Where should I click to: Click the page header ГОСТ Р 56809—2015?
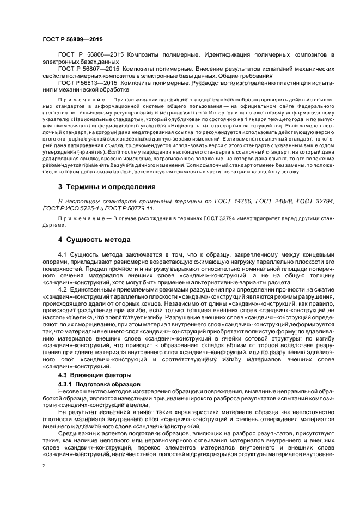[72, 40]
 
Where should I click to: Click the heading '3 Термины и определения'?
[99, 186]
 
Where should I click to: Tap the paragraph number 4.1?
[62, 254]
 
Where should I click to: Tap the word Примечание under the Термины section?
[80, 218]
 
